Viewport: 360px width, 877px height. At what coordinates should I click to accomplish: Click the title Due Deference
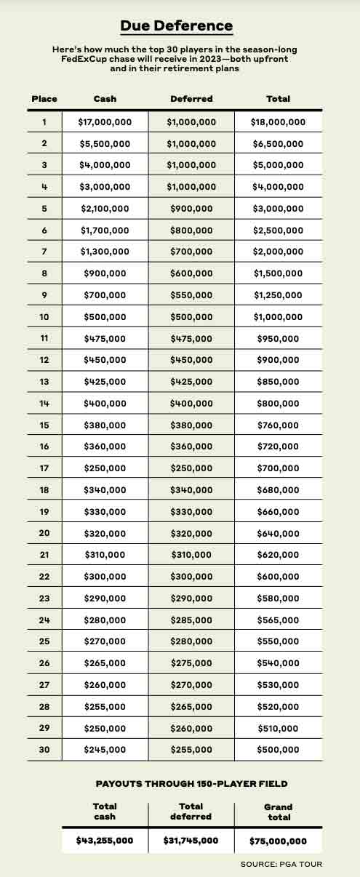(x=177, y=26)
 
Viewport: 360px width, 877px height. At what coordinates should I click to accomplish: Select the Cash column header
(x=105, y=99)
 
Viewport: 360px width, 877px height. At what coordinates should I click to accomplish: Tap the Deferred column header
(x=191, y=99)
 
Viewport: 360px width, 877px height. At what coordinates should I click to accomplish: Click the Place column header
(x=44, y=99)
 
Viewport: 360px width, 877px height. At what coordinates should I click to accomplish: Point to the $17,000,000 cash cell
(x=105, y=122)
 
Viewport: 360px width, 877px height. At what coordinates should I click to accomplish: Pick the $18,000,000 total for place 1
(x=278, y=122)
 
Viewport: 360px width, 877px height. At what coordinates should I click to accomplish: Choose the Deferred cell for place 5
(x=191, y=209)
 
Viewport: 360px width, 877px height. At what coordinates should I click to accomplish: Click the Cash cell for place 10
(x=105, y=317)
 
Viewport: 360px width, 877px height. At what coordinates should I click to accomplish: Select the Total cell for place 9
(x=278, y=295)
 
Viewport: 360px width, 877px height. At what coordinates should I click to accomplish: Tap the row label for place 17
(x=44, y=468)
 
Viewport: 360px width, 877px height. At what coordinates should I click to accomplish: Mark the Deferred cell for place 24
(x=191, y=620)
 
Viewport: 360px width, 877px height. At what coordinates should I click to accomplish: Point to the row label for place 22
(x=44, y=577)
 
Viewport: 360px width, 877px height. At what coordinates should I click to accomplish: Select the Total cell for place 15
(x=278, y=425)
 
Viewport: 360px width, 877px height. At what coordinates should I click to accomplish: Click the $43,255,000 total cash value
(x=105, y=841)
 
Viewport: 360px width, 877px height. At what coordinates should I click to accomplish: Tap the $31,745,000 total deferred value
(x=191, y=841)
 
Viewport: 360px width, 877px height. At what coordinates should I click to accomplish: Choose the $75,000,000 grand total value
(x=278, y=841)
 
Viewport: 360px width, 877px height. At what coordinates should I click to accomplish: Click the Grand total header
(x=278, y=812)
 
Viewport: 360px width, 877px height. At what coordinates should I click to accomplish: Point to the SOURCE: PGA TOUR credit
(x=281, y=864)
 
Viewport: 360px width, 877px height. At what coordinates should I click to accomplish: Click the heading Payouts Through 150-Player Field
(x=191, y=783)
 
